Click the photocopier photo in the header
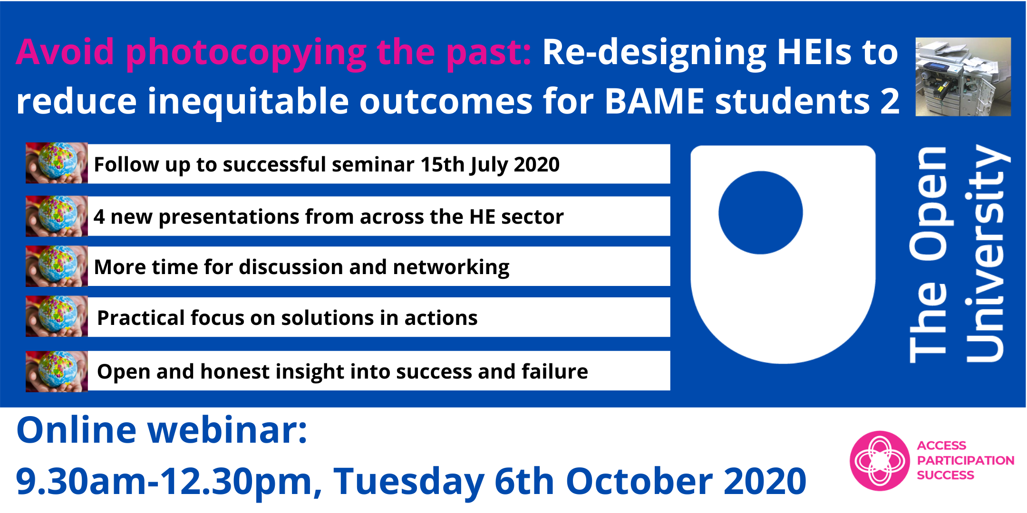(x=963, y=76)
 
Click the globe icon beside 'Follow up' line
(x=57, y=163)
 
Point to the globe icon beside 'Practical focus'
(x=57, y=316)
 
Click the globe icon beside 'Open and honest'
(x=57, y=371)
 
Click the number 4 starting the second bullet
(x=99, y=217)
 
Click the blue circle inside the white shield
(x=761, y=212)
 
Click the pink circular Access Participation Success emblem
(x=880, y=461)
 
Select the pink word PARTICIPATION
(x=966, y=460)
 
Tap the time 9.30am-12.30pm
(x=168, y=482)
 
